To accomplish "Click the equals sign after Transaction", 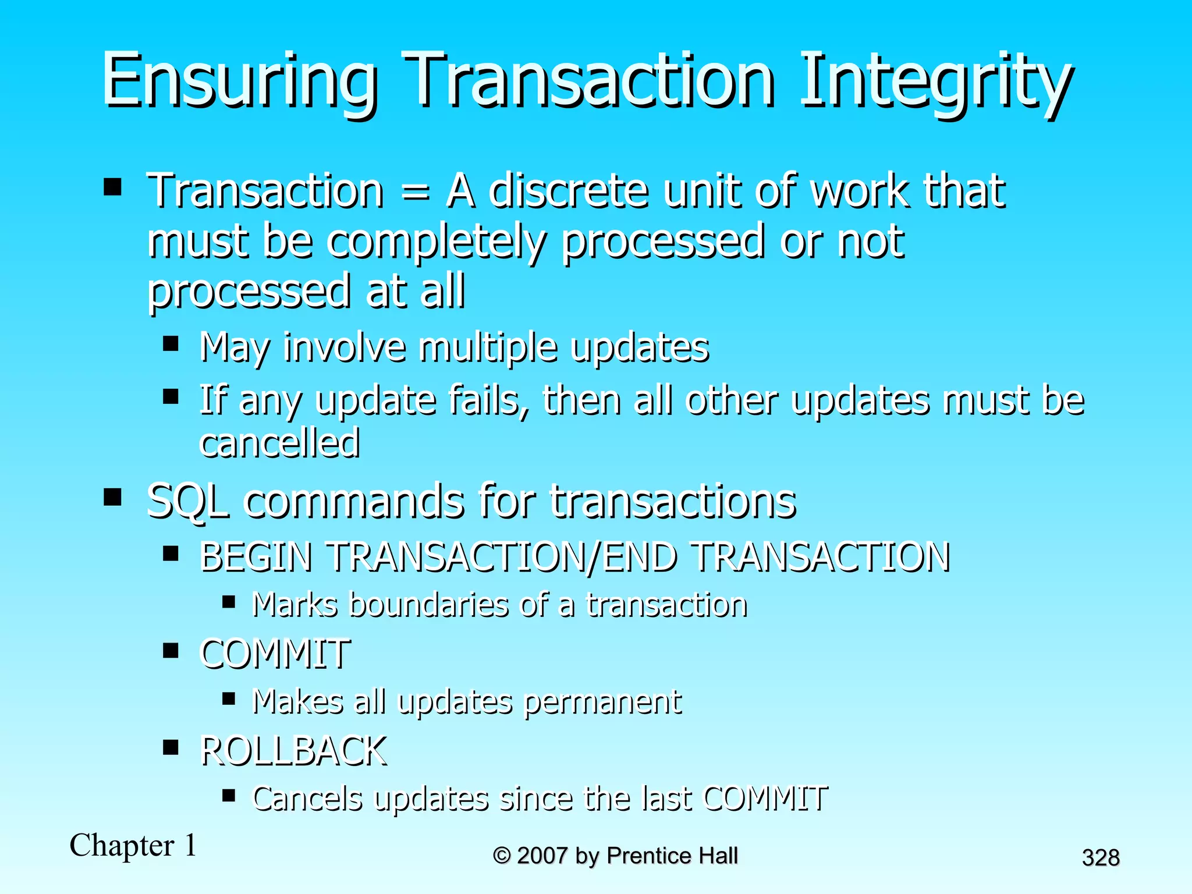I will (416, 192).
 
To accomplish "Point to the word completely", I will (437, 242).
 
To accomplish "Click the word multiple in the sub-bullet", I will (488, 348).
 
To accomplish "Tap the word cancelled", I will (279, 443).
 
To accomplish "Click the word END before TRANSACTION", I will (639, 557).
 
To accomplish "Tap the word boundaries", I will (430, 605).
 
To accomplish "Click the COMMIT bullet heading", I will (275, 654).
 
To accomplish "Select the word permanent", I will (602, 702).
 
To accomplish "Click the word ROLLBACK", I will (293, 751).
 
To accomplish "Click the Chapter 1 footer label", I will (133, 845).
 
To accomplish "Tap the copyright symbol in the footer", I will (502, 856).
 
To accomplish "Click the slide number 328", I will (1101, 858).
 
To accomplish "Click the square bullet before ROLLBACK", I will (171, 747).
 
